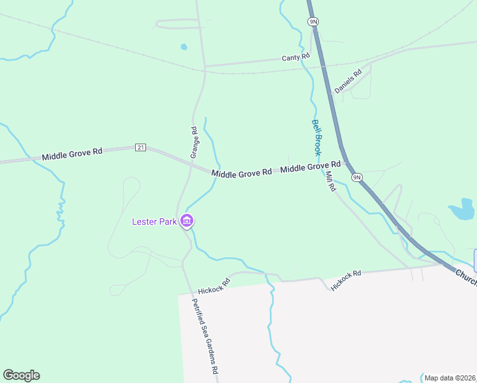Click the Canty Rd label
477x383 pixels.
click(x=296, y=57)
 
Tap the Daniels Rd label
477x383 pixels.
click(x=348, y=81)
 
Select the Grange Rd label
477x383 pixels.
click(x=194, y=142)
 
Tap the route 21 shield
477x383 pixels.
click(x=141, y=147)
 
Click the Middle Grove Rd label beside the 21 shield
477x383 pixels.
click(x=72, y=154)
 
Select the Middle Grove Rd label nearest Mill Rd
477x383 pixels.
click(x=311, y=168)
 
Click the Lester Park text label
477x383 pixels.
click(x=154, y=222)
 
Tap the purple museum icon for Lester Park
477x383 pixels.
click(x=187, y=222)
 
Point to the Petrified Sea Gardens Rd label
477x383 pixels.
click(x=207, y=336)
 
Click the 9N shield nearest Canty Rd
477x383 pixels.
click(x=313, y=21)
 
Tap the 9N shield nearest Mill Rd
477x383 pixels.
click(x=356, y=177)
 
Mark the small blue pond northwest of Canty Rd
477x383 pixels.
click(x=184, y=47)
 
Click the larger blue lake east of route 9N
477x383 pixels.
click(x=462, y=209)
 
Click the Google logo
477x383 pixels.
click(x=21, y=375)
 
